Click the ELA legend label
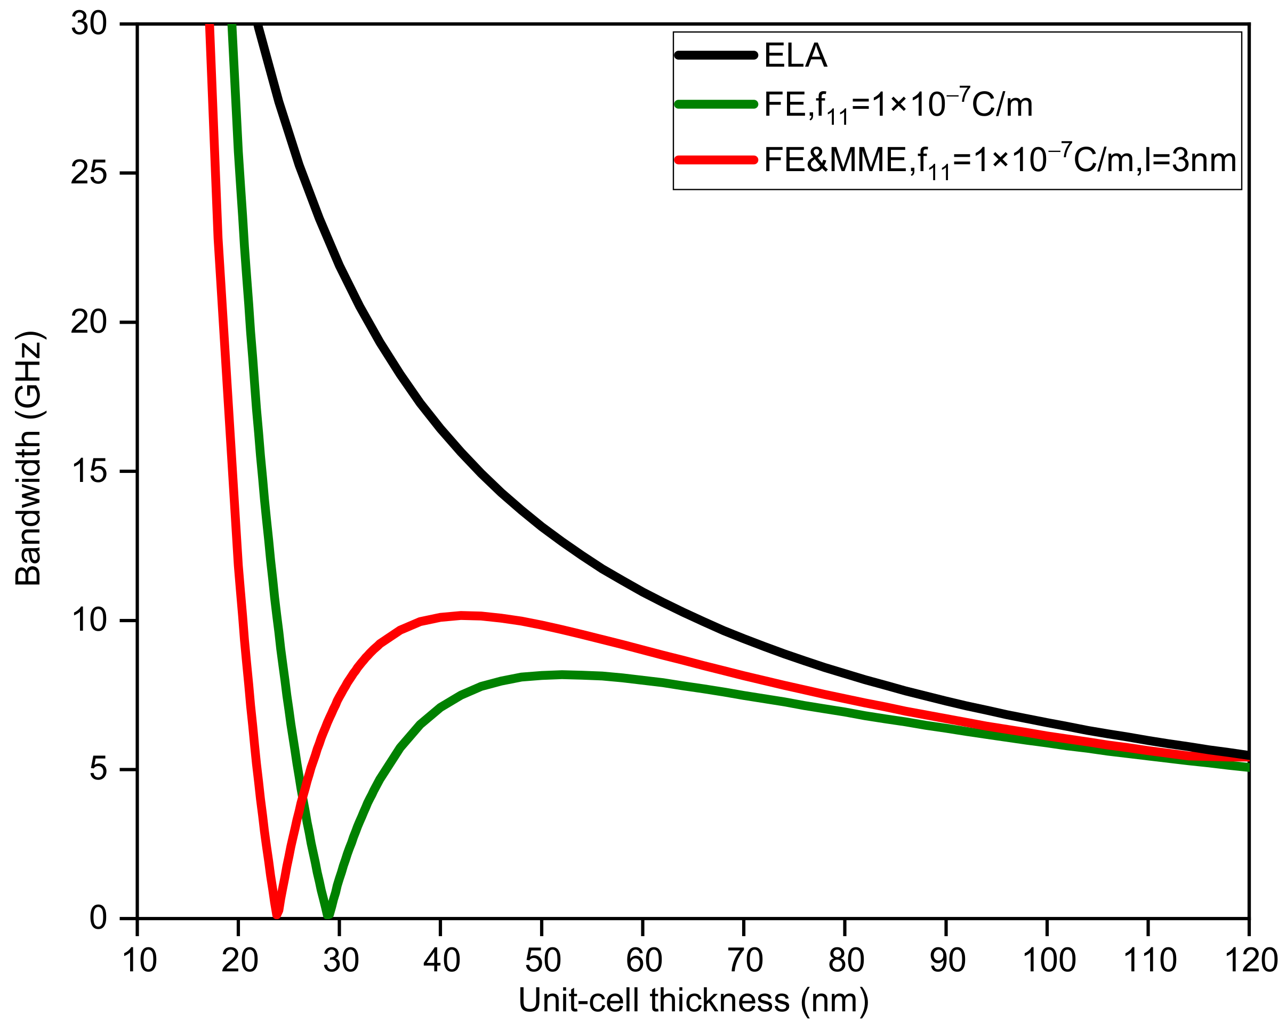(795, 56)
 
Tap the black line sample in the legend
(715, 55)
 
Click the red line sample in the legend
(715, 160)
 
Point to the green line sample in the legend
(715, 104)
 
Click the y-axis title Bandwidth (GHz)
(29, 458)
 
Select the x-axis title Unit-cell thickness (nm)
(693, 1000)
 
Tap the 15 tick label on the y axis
(89, 471)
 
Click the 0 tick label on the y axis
(98, 918)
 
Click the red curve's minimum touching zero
(277, 914)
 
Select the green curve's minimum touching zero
(328, 914)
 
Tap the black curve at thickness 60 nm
(643, 592)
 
